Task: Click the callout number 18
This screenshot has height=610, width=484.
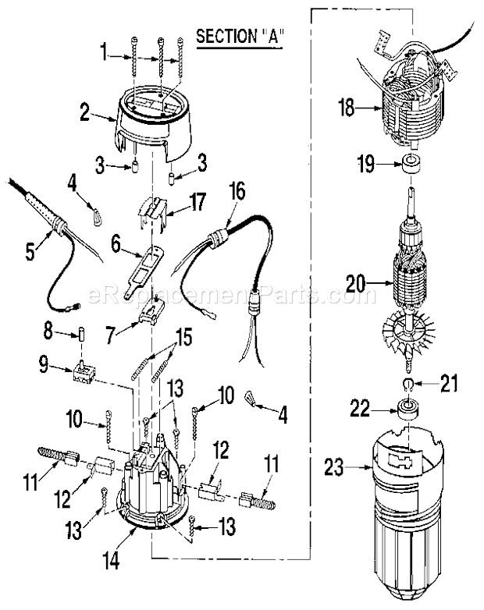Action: tap(345, 108)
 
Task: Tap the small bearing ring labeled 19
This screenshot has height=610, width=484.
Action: tap(411, 165)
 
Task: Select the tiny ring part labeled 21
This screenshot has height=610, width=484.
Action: tap(408, 384)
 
